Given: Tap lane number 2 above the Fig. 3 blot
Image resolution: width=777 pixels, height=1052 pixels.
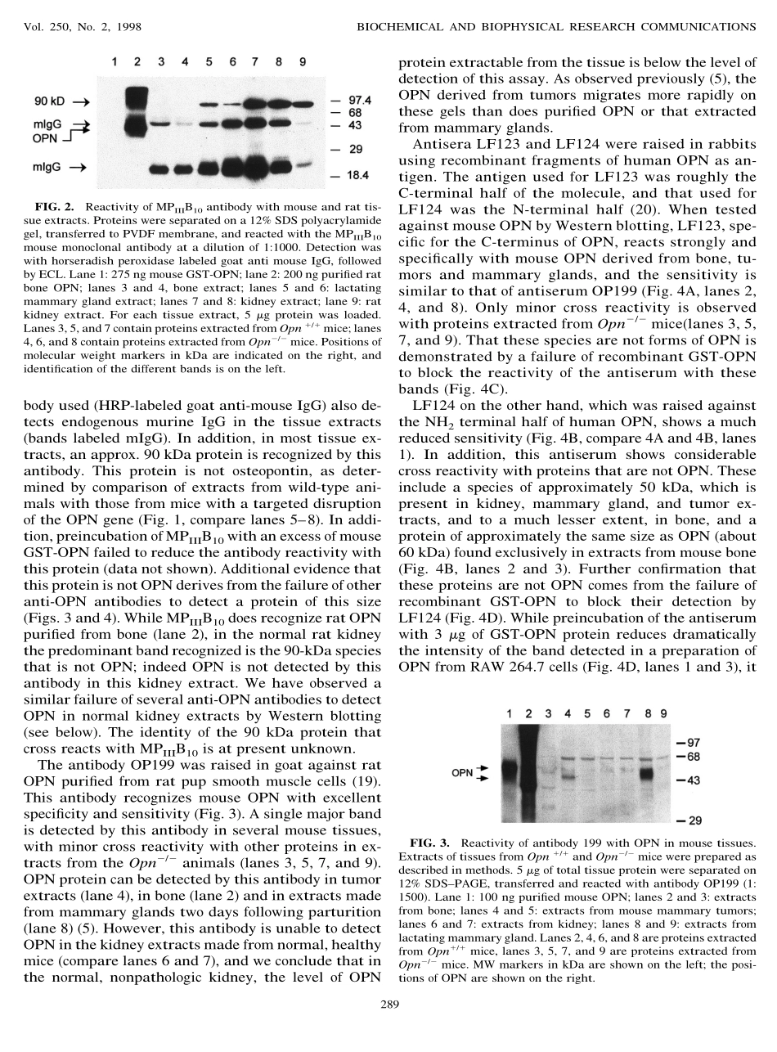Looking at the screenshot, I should point(528,713).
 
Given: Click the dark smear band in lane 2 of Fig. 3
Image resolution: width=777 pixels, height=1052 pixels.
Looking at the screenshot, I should point(530,769).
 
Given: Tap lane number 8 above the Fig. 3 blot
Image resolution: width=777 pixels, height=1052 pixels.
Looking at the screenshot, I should point(647,713).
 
